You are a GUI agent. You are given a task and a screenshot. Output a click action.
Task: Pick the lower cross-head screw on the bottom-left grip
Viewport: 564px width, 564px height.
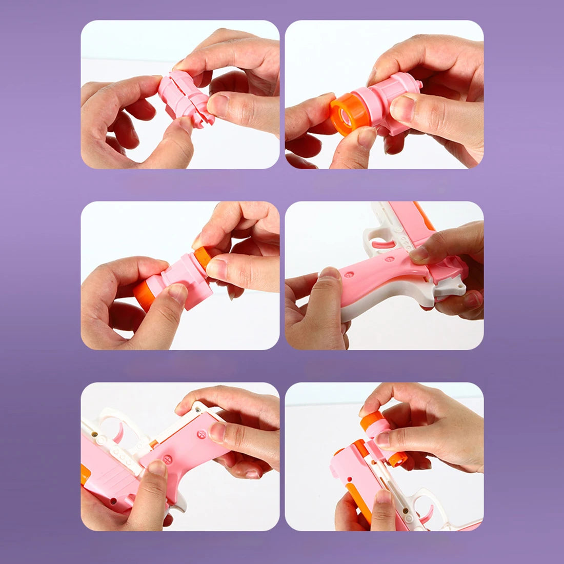[x=167, y=458]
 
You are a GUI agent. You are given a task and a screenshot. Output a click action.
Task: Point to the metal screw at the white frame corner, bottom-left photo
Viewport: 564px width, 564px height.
[x=196, y=409]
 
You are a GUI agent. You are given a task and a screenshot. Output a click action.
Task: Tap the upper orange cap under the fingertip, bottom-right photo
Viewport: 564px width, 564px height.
[x=370, y=420]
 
